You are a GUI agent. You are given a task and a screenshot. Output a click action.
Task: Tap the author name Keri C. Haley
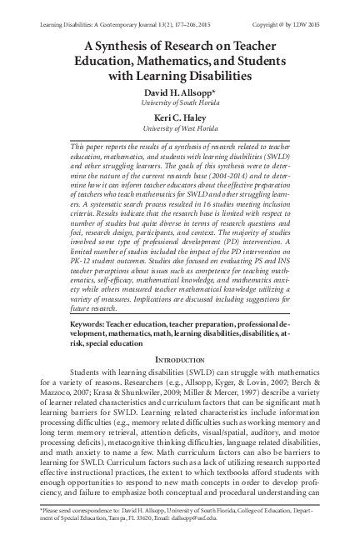point(179,117)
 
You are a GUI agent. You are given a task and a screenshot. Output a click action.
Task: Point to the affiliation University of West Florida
point(179,130)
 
